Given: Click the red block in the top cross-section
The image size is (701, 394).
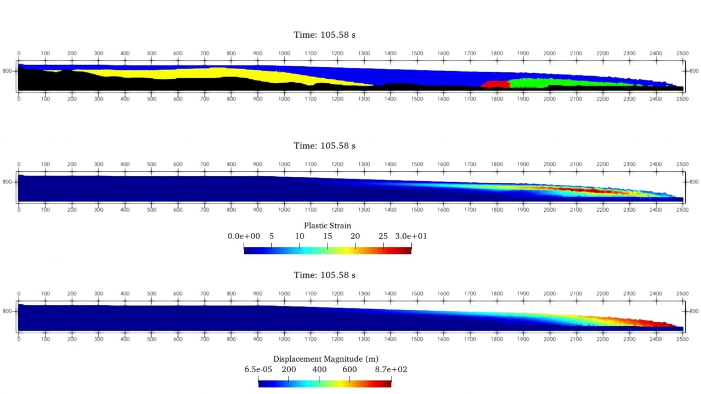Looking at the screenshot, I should [495, 84].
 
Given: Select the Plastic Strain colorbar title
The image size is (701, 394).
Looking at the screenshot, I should [327, 225].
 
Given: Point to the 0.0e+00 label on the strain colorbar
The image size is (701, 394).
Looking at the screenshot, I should [244, 236].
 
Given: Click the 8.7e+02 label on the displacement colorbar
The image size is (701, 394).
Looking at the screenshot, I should [391, 369].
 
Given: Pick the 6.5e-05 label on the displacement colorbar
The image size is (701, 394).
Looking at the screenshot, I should [258, 369].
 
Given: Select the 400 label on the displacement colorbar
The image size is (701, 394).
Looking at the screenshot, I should [319, 369].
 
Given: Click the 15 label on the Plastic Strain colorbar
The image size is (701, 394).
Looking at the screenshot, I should [327, 236].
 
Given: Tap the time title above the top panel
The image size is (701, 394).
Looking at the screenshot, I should [325, 34].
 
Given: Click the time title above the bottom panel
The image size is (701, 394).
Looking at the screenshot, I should [325, 275].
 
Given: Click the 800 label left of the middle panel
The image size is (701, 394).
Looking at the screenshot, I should [7, 182].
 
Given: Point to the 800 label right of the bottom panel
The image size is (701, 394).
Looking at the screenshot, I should [694, 311].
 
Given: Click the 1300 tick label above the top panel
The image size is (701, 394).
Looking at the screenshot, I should [364, 54].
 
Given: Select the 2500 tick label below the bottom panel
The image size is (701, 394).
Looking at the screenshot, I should [682, 339].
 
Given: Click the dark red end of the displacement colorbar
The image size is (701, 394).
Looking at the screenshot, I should [388, 384].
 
